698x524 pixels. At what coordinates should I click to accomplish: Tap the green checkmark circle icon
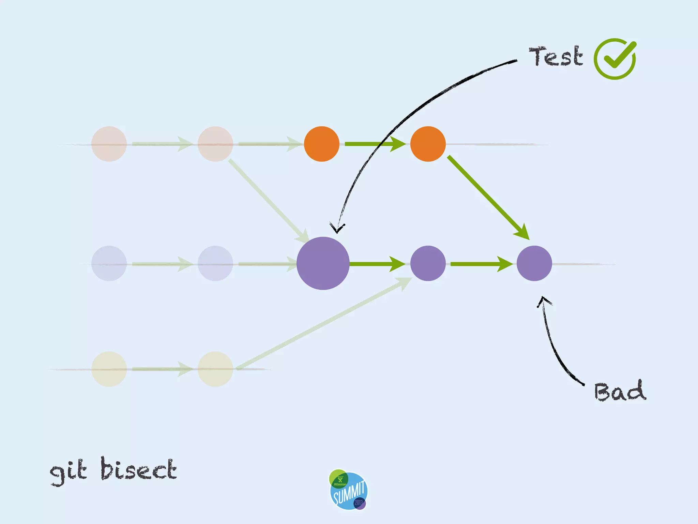[x=615, y=59]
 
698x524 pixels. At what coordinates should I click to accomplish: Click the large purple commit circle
[x=323, y=263]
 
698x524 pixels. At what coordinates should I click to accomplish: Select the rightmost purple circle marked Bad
[x=534, y=263]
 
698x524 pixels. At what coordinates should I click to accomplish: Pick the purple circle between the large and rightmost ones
[x=428, y=263]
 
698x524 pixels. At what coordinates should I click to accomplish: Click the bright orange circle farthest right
[x=428, y=144]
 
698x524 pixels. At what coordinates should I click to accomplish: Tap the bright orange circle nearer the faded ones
[x=321, y=144]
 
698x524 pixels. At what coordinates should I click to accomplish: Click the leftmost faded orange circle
[x=109, y=144]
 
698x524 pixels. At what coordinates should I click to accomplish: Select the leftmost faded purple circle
[x=109, y=263]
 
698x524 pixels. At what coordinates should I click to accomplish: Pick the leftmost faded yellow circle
[x=109, y=369]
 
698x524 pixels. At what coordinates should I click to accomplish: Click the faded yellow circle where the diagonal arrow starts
[x=215, y=369]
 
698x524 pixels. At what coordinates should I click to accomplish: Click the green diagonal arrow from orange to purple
[x=487, y=197]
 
